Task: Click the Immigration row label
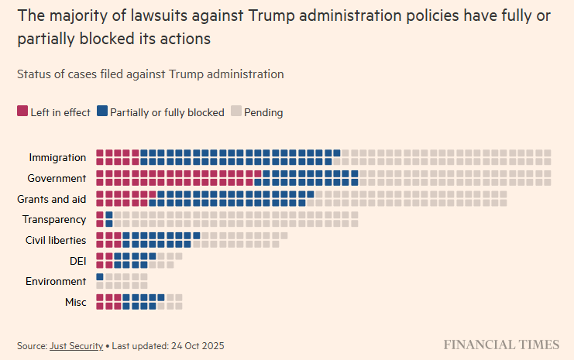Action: click(57, 157)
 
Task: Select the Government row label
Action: click(57, 178)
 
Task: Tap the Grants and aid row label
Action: click(51, 199)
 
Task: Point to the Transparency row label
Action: click(54, 220)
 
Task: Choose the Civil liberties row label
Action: click(56, 240)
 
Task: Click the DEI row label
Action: click(77, 261)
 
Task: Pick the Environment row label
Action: click(56, 281)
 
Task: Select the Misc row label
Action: click(76, 302)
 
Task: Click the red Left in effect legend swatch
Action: click(22, 111)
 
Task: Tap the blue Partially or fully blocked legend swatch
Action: click(102, 111)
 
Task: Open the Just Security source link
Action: click(76, 345)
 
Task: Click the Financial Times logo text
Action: click(501, 345)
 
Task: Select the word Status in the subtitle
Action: click(34, 74)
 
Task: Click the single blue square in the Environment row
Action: click(100, 276)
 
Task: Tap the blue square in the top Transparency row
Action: click(109, 214)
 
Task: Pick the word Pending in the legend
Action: click(263, 112)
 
